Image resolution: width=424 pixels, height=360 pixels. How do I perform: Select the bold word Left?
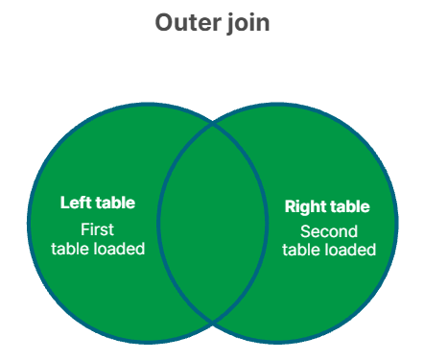[x=76, y=203]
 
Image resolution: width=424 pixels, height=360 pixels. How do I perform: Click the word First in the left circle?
[x=97, y=229]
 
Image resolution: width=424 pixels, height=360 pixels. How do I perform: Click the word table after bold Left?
[x=115, y=203]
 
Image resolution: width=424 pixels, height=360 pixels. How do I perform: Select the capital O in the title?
[x=164, y=22]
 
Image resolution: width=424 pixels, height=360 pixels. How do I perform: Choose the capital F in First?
[x=84, y=229]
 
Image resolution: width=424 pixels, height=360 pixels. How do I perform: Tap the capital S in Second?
[x=305, y=231]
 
